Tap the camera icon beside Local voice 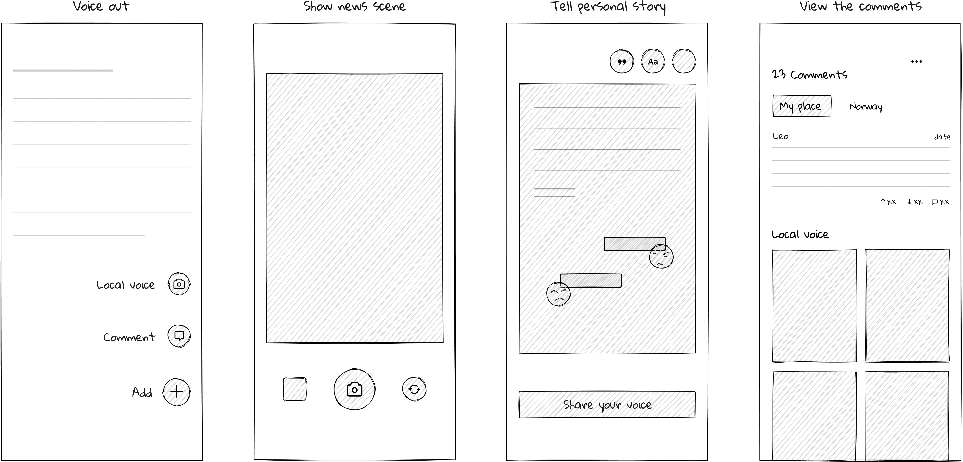coord(179,284)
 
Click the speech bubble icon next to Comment coord(179,336)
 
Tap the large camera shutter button coord(354,389)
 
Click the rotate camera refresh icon coord(414,389)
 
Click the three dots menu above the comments coord(916,61)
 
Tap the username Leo coord(781,136)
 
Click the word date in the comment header coord(942,137)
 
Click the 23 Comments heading coord(810,74)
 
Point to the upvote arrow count coord(888,202)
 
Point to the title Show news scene coord(354,6)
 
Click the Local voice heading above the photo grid coord(800,234)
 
